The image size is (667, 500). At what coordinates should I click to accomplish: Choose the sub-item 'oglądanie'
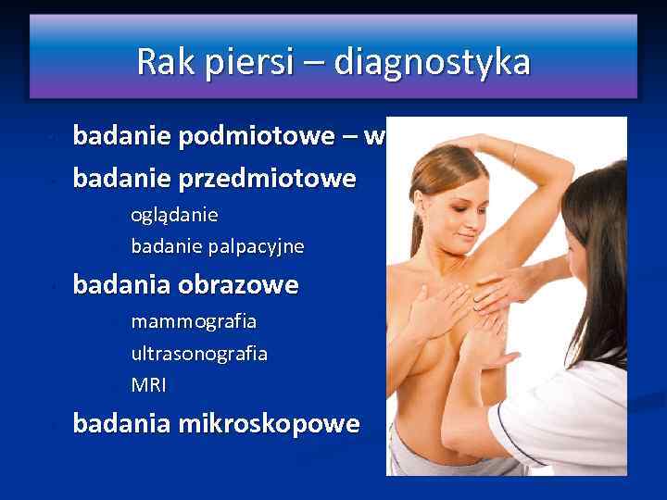point(174,215)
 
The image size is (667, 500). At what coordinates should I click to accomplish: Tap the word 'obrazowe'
point(240,284)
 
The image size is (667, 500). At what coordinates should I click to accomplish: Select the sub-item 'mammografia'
point(194,321)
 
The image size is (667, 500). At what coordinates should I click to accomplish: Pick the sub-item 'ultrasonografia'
point(199,353)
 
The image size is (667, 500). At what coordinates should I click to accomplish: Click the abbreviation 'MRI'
point(148,384)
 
